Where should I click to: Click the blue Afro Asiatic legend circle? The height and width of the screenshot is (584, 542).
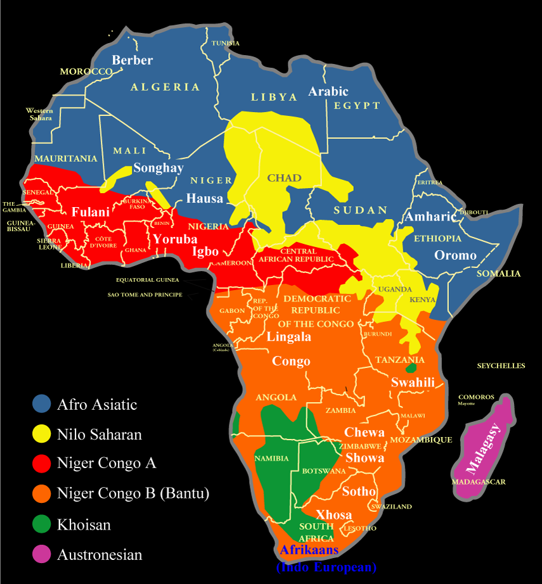[42, 403]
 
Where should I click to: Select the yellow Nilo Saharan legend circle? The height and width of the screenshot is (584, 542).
[42, 434]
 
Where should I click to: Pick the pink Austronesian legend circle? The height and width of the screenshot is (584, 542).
[42, 555]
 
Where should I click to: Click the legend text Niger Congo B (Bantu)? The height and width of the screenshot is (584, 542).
[132, 493]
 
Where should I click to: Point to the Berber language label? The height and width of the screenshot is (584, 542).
[132, 60]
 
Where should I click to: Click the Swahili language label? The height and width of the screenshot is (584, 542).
[413, 382]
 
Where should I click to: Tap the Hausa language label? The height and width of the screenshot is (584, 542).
[204, 198]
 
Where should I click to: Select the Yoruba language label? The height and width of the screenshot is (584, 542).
[175, 240]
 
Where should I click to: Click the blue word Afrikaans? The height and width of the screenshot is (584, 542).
[309, 550]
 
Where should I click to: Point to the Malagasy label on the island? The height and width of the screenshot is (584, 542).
[484, 449]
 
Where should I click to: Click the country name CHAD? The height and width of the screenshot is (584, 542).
[284, 178]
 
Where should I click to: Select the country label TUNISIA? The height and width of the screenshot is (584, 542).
[226, 43]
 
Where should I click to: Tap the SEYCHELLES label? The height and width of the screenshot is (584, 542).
[501, 366]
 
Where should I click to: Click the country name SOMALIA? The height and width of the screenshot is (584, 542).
[499, 274]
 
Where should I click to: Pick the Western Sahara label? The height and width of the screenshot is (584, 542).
[39, 115]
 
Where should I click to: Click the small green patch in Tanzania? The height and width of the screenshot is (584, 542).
[411, 367]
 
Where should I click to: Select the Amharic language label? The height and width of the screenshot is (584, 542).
[430, 217]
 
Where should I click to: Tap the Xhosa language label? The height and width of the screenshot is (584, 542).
[333, 514]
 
